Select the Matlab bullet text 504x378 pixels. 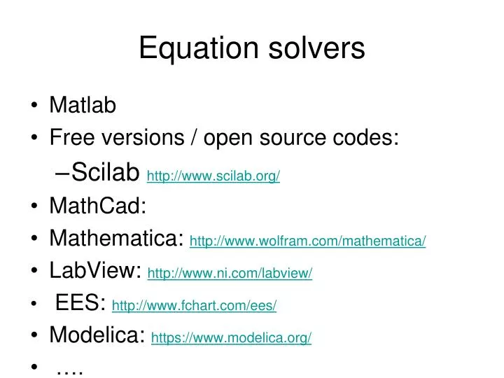click(83, 106)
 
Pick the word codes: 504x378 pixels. click(367, 138)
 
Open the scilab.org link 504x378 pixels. click(213, 176)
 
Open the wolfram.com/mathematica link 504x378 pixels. click(307, 241)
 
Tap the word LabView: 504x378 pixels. click(96, 271)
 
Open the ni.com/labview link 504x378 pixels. click(230, 274)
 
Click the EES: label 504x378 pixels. click(80, 303)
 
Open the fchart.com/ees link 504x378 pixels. click(194, 306)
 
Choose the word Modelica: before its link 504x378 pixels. click(97, 335)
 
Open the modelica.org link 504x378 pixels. click(231, 338)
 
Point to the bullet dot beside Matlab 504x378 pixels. click(35, 107)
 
